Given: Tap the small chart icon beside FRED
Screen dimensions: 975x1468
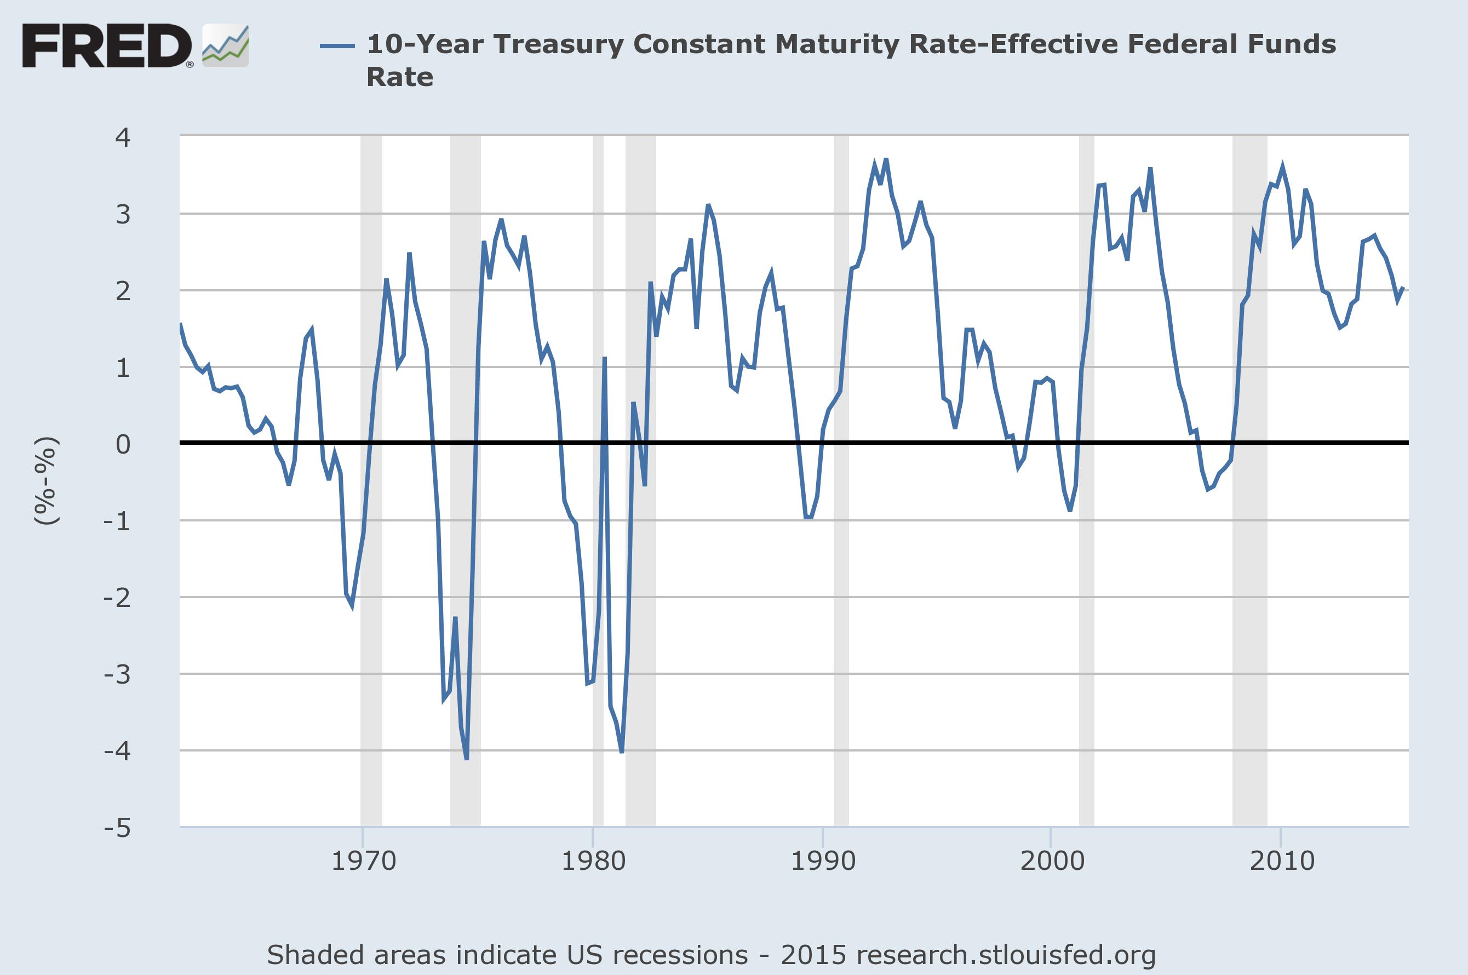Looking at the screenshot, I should (x=226, y=46).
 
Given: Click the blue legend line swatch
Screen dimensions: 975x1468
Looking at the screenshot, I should (x=337, y=45).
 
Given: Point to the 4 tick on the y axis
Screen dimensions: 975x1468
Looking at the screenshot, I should (x=123, y=137).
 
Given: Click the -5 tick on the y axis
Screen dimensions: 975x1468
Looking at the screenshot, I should (x=118, y=828).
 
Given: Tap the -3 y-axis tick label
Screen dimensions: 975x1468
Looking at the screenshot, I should (x=118, y=675).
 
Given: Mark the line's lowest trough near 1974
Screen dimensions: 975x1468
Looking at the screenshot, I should (x=466, y=758).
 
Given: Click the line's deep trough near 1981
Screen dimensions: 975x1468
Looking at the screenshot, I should (x=622, y=752).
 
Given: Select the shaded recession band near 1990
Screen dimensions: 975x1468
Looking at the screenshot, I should (x=841, y=560).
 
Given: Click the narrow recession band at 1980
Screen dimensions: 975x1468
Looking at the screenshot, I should (x=598, y=560).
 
